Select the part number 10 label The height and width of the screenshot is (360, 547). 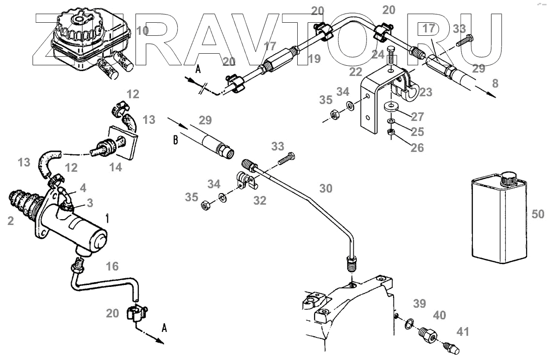142,31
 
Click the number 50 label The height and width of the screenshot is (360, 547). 538,214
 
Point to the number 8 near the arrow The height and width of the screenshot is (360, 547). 494,84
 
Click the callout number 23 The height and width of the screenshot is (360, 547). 426,92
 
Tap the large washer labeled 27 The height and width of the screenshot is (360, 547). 390,106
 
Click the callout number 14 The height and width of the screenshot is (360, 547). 115,167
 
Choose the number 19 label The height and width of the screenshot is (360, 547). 314,59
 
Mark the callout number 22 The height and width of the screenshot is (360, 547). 356,72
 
